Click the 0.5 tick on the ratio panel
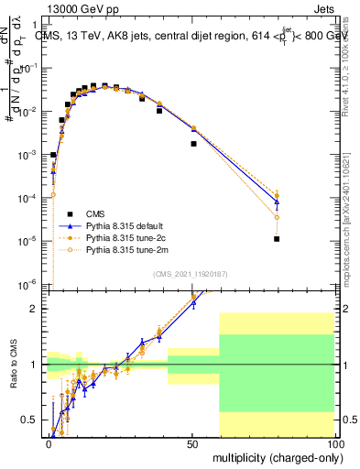[29, 420]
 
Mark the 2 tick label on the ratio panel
[35, 309]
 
